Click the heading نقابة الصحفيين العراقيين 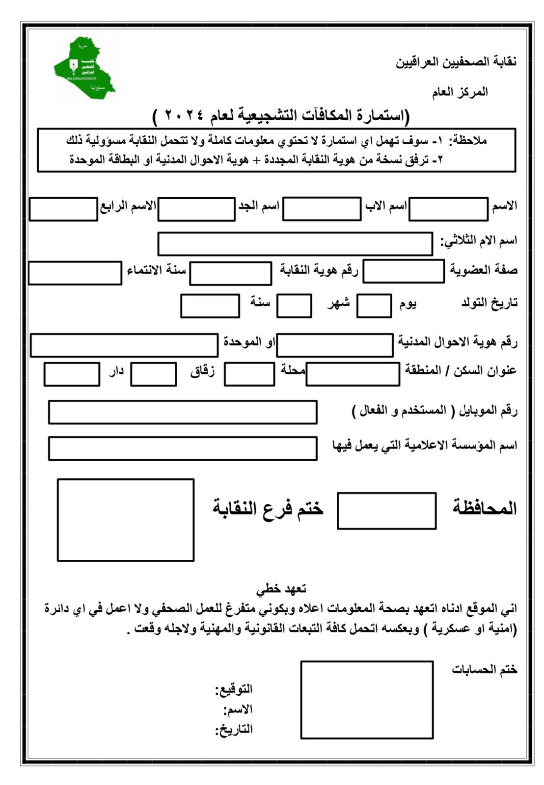coord(456,62)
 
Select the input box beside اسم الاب coord(322,209)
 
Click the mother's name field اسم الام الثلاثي coord(295,244)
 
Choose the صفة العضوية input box coord(404,271)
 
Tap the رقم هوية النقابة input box coord(230,273)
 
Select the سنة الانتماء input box coord(75,273)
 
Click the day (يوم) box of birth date coord(374,306)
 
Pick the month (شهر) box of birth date coord(294,306)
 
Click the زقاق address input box coord(153,374)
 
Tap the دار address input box coord(72,374)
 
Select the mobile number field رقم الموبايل coord(183,412)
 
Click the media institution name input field coord(183,448)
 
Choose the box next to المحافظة coord(386,511)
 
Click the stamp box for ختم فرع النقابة coord(126,520)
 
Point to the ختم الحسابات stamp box coord(367,700)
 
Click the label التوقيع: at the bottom coord(234,689)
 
